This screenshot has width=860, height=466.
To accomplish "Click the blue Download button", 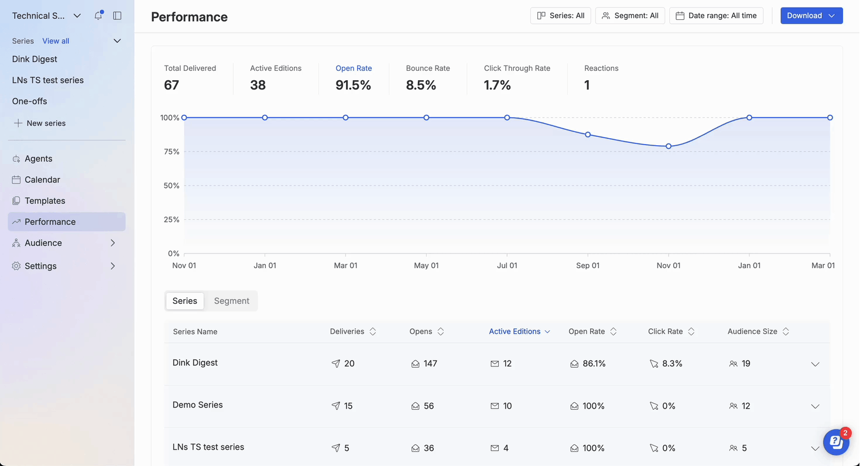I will point(811,16).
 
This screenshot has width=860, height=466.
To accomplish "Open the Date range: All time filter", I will point(716,16).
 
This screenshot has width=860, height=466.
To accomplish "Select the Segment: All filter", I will point(630,16).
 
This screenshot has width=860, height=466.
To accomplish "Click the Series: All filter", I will point(560,16).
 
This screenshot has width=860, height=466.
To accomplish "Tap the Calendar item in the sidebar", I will point(42,180).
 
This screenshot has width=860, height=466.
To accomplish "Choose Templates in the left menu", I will point(44,201).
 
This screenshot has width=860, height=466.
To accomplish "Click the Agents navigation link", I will point(38,159).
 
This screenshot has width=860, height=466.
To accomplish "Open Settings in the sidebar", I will point(40,266).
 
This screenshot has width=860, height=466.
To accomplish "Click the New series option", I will point(46,124).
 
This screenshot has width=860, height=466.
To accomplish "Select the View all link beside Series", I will point(56,41).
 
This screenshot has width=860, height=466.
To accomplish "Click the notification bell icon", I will point(98,16).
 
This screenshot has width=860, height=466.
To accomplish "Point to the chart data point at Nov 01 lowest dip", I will point(669,146).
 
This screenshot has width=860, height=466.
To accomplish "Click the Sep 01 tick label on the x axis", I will point(588,266).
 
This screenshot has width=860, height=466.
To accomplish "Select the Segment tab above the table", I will point(231,301).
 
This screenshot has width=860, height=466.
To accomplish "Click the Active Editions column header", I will point(515,331).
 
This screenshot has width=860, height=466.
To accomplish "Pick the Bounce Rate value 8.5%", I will point(421,85).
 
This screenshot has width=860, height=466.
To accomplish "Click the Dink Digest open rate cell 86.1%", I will point(594,364).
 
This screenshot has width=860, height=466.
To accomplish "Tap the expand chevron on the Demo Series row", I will point(815,406).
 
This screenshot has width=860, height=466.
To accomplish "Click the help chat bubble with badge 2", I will point(836,443).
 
